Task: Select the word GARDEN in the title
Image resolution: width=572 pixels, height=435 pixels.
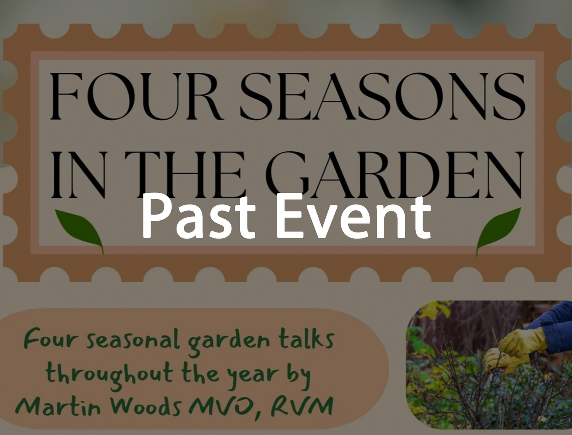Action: (394, 175)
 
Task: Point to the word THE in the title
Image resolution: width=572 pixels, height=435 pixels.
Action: (184, 175)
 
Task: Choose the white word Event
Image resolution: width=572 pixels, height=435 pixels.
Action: (353, 217)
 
